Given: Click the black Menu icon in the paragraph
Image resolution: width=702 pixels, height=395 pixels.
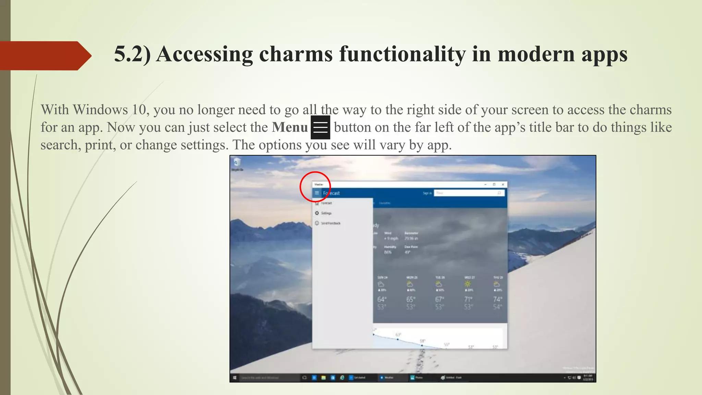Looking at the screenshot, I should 320,127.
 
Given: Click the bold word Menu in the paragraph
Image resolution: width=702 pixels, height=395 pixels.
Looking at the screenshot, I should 290,127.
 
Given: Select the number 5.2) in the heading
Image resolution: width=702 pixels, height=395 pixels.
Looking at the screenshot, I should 132,54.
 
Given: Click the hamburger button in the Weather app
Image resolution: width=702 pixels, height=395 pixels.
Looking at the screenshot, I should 317,193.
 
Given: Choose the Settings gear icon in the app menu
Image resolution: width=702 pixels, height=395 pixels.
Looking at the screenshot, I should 317,213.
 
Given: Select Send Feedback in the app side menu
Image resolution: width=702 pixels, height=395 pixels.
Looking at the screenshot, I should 330,223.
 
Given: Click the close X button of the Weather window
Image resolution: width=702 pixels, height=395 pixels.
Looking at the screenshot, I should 503,184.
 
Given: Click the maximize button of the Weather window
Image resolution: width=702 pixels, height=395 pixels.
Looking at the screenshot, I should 494,184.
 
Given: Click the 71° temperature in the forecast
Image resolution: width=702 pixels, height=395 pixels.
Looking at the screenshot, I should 468,299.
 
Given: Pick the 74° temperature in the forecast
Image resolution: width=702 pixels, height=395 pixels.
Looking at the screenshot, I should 497,299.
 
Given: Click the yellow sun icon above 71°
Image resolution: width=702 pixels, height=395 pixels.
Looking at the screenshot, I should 468,284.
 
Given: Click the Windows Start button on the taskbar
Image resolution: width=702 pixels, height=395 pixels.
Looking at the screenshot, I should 235,378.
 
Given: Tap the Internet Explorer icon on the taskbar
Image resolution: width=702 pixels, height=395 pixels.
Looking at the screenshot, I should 342,378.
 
